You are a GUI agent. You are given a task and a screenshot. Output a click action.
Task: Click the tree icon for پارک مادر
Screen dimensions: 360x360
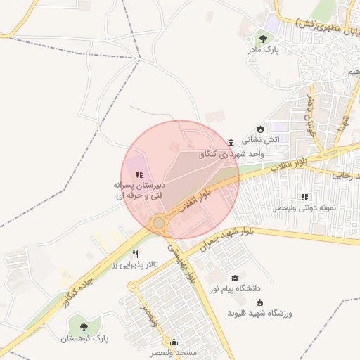(x=263, y=39)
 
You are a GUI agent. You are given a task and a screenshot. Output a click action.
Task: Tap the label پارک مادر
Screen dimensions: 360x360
(x=263, y=51)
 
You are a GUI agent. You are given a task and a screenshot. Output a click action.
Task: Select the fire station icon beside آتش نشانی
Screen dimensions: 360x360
(x=260, y=129)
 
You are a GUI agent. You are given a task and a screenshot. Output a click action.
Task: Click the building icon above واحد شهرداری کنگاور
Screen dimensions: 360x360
(x=231, y=141)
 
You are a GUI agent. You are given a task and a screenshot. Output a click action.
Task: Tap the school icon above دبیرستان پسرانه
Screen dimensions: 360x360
(x=139, y=174)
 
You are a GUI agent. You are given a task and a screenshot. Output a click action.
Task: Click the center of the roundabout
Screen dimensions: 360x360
(x=159, y=224)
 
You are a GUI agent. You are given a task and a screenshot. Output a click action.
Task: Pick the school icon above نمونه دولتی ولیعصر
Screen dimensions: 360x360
(x=304, y=197)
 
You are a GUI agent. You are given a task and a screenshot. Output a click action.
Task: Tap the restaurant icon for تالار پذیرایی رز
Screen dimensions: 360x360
(x=136, y=254)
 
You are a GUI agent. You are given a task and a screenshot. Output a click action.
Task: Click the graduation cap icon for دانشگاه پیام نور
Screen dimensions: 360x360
(x=234, y=278)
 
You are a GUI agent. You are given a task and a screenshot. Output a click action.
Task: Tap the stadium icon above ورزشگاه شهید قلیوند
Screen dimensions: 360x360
(x=259, y=302)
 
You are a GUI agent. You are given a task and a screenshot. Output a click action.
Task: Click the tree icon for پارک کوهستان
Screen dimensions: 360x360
(x=84, y=326)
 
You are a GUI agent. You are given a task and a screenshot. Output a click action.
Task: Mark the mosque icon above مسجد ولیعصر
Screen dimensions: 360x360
(x=174, y=342)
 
